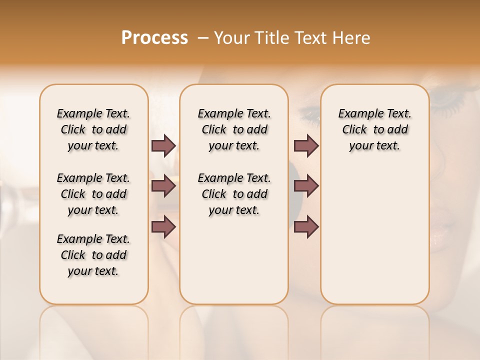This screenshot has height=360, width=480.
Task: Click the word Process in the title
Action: point(154,38)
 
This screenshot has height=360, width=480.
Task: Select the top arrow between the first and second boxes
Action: point(163,145)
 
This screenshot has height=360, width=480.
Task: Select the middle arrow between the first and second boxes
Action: point(163,186)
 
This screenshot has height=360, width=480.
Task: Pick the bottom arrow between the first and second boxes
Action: point(163,227)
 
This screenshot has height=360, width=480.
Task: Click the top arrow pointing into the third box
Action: point(306,145)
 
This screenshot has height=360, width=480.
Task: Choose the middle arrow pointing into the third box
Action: point(306,186)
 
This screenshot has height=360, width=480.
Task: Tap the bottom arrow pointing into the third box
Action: point(306,227)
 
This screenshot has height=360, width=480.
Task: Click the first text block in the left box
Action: point(93,129)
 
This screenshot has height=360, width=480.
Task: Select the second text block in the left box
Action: point(93,194)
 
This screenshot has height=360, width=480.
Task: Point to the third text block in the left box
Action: point(93,255)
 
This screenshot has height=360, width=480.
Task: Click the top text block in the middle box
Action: point(234,129)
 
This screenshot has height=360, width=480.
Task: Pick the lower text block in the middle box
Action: point(234,194)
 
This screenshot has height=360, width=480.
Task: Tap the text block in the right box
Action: point(374,129)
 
